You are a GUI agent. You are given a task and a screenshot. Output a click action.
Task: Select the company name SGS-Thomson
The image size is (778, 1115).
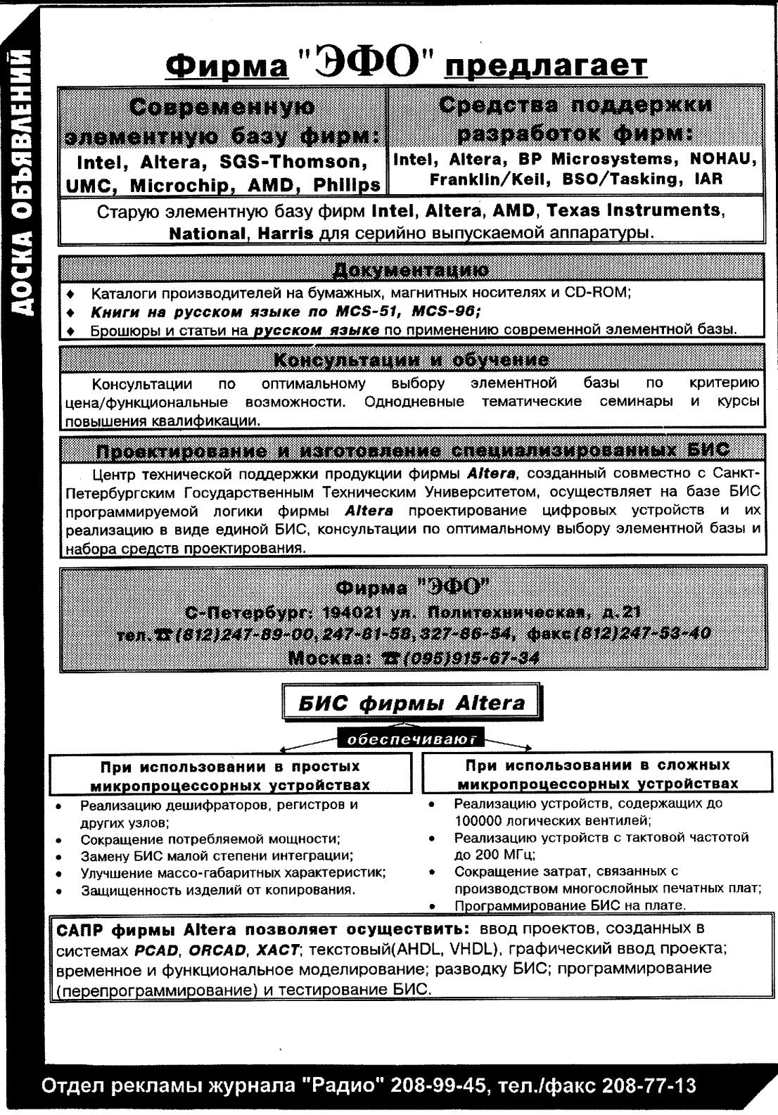click(x=304, y=162)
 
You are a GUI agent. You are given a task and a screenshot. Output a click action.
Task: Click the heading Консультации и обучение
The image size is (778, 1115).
click(x=411, y=361)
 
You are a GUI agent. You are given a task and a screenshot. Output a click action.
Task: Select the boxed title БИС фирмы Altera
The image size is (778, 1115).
click(x=412, y=703)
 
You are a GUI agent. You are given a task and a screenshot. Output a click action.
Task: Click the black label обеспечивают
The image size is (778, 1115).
click(x=412, y=739)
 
